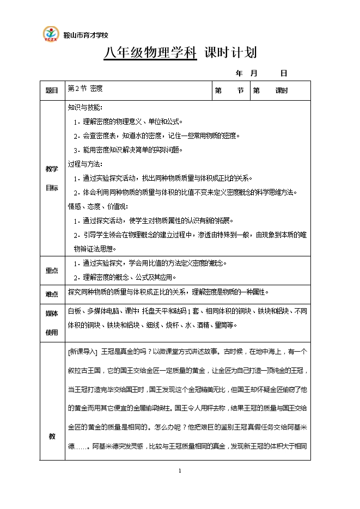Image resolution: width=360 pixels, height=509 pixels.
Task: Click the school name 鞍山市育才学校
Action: [x=86, y=35]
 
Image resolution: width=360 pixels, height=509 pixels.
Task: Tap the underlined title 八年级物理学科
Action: [x=150, y=53]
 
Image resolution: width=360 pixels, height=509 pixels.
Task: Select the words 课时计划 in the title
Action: [x=230, y=53]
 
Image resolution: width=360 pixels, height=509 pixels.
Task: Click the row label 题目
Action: [x=52, y=91]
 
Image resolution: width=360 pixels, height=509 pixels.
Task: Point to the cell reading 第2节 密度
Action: [x=85, y=88]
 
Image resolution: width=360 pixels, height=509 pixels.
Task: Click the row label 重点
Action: [x=52, y=271]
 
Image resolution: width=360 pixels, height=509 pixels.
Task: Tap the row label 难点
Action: [x=52, y=294]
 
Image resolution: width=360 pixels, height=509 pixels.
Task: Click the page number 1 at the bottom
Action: [x=180, y=470]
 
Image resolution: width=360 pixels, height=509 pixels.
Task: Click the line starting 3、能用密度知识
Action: [x=128, y=150]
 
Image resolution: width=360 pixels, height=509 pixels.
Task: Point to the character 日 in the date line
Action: [x=283, y=73]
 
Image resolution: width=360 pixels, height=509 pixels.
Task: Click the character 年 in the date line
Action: [x=239, y=73]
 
